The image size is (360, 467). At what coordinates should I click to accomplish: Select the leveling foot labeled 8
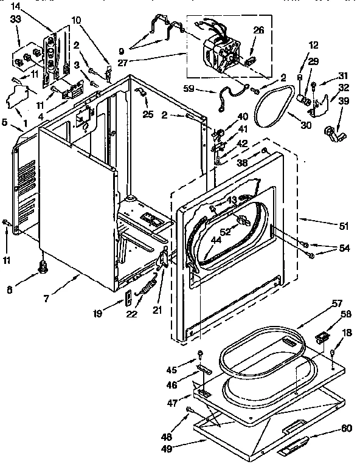point(43,266)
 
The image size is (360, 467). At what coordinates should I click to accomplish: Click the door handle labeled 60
point(298,449)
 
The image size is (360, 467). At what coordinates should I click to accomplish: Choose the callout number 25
point(147,114)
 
